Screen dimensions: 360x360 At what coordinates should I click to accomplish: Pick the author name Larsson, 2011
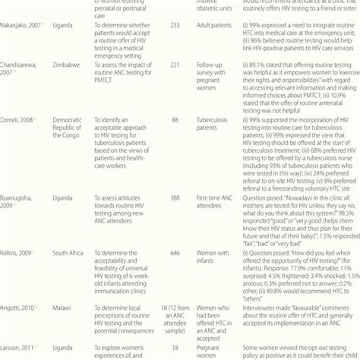[x=21, y=346]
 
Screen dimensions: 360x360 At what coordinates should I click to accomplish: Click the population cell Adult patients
[x=225, y=24]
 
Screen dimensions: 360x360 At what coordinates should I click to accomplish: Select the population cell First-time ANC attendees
[x=226, y=201]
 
